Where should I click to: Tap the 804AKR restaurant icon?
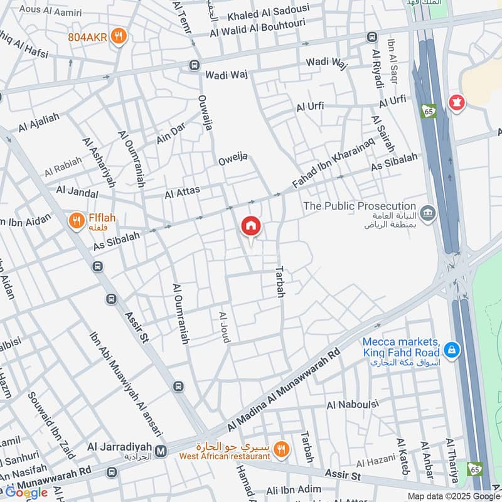coord(117,36)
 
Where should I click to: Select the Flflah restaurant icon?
coord(77,220)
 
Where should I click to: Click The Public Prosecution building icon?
coord(428,215)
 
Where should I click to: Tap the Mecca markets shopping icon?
coord(450,350)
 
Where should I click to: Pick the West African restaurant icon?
coord(282,448)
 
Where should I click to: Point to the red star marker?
coord(456,102)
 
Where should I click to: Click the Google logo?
coord(26,493)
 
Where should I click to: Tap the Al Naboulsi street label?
coord(352,405)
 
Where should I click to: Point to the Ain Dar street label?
coord(171,134)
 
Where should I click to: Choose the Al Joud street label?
coord(224,326)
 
